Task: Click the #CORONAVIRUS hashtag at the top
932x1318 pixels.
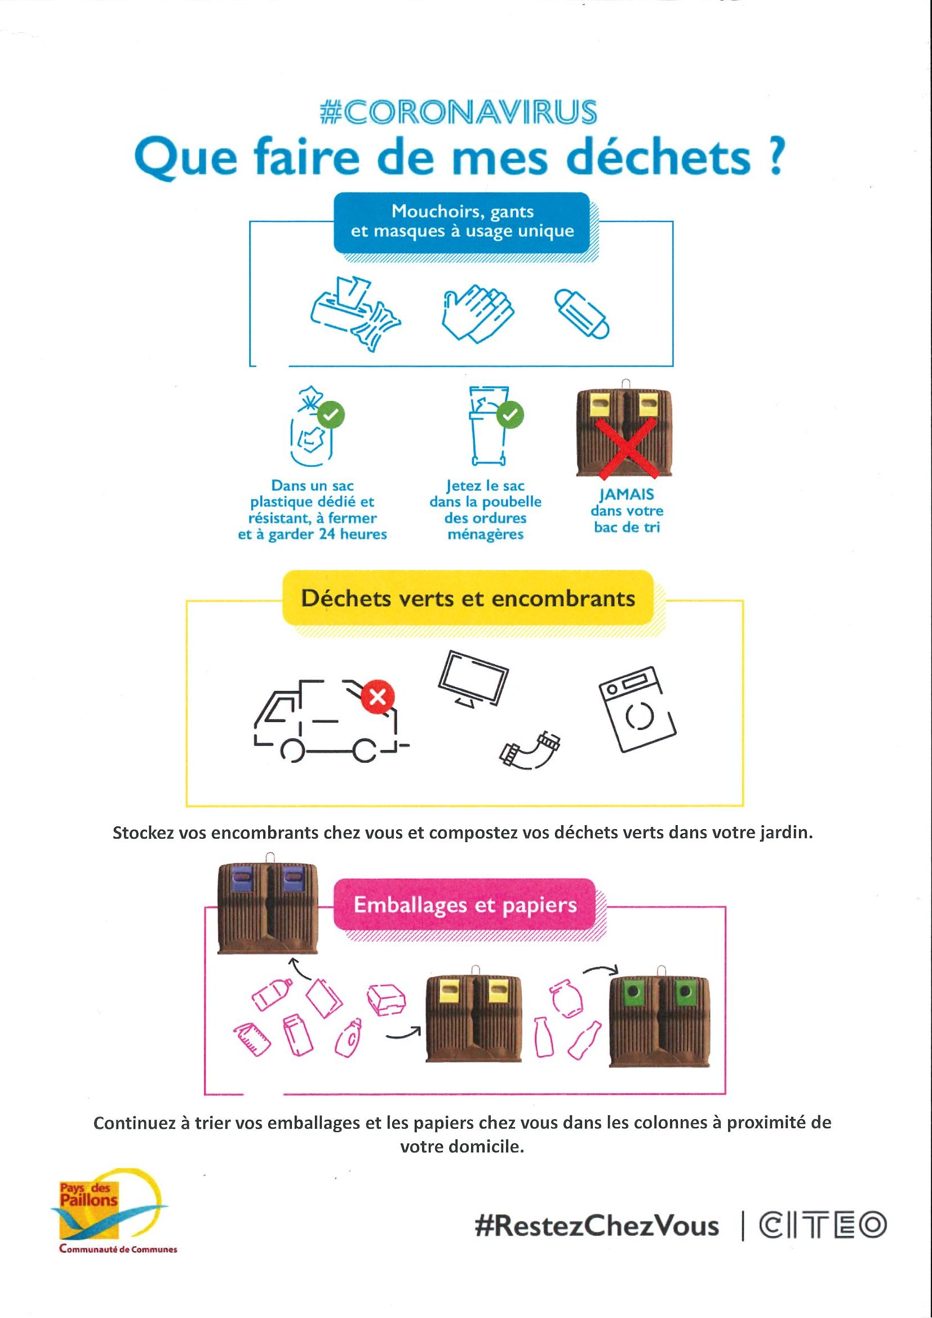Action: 458,112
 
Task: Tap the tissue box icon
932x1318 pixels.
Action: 356,313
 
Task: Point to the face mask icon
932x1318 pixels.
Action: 581,313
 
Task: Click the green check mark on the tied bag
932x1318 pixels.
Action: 331,415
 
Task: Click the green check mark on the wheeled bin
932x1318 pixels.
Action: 510,415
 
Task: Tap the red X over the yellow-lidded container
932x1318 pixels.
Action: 625,448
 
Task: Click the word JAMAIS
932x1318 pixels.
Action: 626,495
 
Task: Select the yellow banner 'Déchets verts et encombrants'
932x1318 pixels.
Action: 468,598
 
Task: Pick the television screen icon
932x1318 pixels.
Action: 473,680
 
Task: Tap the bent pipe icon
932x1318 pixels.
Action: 530,748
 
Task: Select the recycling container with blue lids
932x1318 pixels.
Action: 268,906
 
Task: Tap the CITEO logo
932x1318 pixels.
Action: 823,1225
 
